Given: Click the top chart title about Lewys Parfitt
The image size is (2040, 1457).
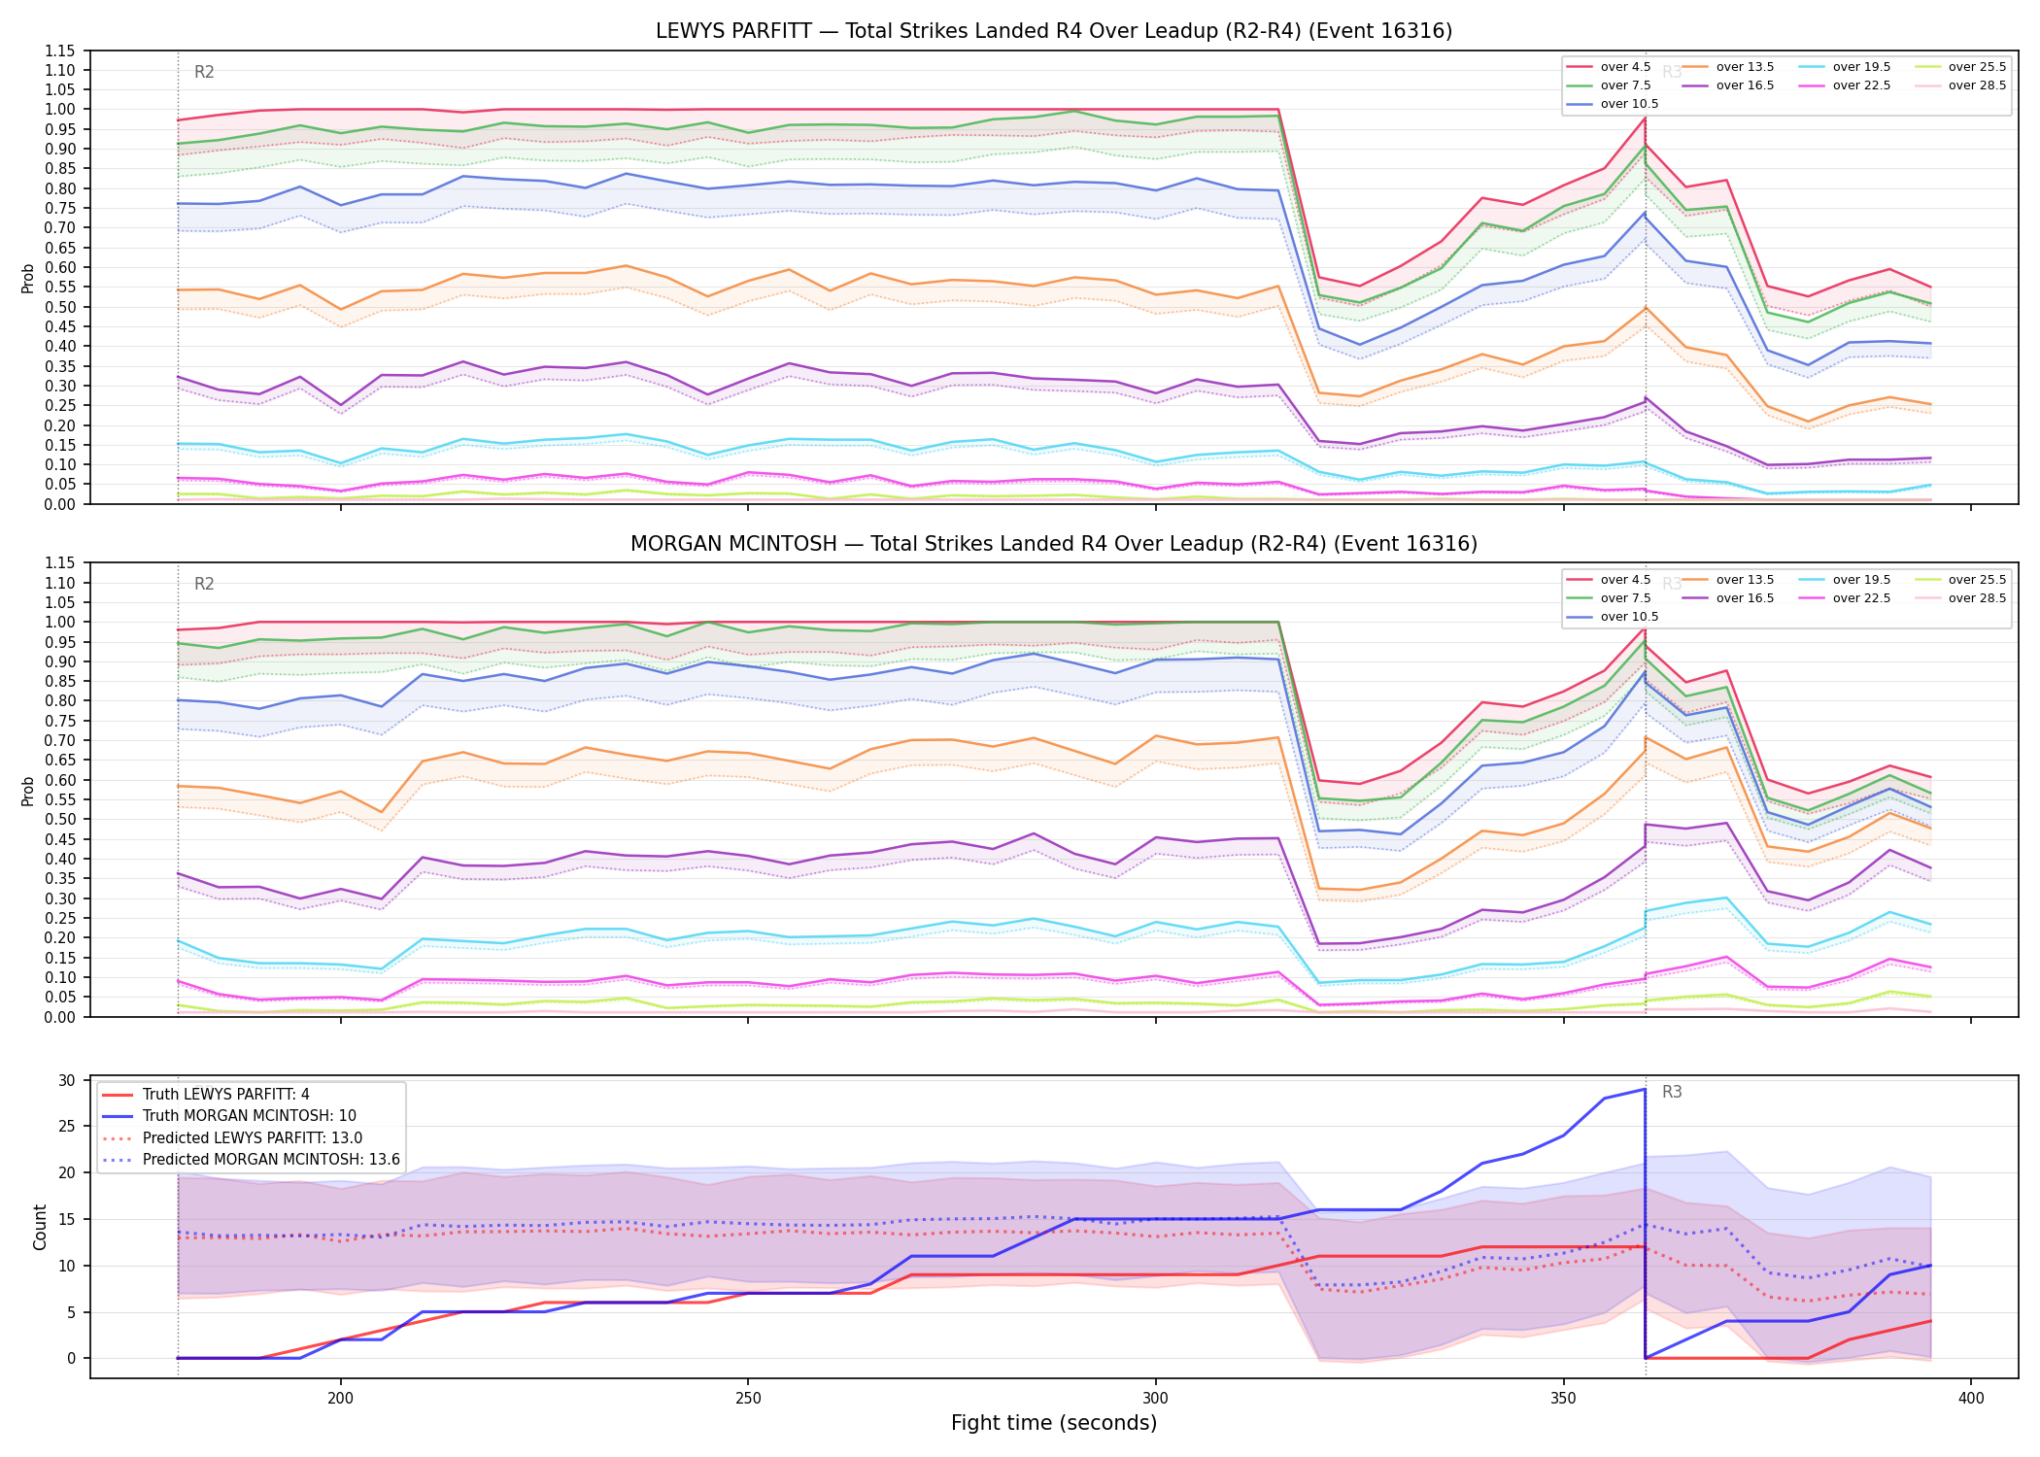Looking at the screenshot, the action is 1054,31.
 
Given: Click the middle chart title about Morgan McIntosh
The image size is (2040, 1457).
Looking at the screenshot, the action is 1054,544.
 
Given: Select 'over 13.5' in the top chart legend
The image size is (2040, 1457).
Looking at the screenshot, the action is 1745,67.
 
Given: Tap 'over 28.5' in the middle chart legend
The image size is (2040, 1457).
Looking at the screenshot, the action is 1977,598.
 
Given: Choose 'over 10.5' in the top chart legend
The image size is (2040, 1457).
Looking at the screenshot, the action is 1629,104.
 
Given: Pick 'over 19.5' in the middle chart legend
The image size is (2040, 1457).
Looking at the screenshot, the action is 1861,580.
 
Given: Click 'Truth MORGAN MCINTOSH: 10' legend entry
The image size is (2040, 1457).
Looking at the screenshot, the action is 250,1116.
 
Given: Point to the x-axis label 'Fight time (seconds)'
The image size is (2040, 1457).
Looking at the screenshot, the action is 1054,1423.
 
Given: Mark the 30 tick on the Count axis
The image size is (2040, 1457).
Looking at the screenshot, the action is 67,1080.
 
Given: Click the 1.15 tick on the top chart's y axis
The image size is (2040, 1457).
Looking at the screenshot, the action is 60,51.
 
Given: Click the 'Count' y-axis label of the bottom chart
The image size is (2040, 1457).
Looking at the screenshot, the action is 40,1227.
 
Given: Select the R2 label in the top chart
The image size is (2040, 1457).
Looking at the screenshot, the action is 204,72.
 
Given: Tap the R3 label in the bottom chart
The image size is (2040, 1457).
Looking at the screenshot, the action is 1672,1092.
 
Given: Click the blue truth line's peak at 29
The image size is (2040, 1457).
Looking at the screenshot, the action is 1644,1089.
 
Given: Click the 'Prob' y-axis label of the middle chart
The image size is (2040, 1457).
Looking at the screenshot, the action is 28,791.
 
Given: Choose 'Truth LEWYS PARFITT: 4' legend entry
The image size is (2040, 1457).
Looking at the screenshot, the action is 226,1095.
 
